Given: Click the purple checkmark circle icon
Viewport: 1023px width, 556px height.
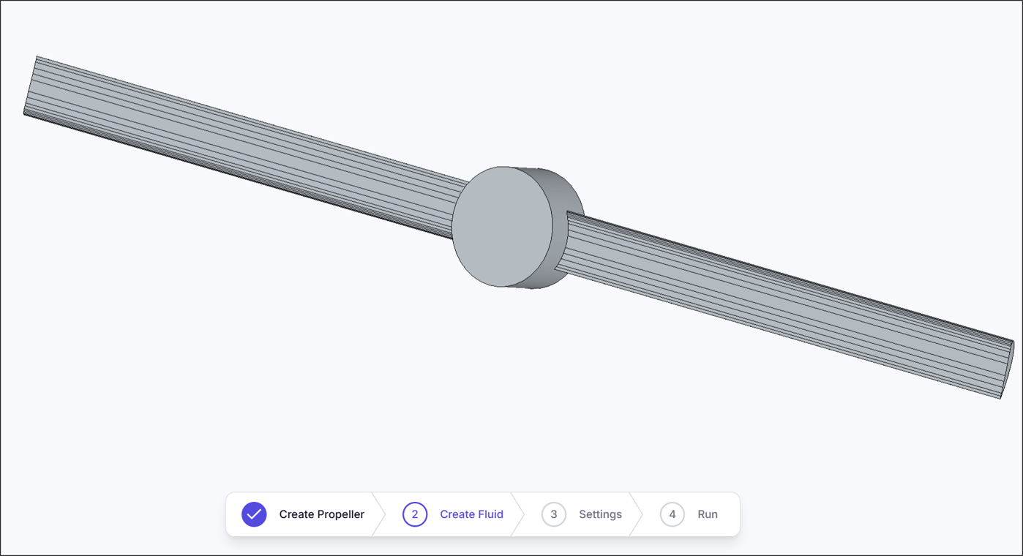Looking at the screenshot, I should click(x=254, y=514).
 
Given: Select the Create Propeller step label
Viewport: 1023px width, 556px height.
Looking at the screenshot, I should click(x=321, y=514).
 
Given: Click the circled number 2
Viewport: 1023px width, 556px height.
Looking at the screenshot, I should click(x=415, y=514).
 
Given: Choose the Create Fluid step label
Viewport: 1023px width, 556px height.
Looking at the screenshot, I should click(x=471, y=514).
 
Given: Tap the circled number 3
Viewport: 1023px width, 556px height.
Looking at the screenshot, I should click(x=554, y=514).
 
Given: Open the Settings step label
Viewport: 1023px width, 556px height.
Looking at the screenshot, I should click(x=600, y=514).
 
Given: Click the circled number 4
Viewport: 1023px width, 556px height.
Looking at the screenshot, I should click(x=672, y=514).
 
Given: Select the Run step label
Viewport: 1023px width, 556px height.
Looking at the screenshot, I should click(x=707, y=514).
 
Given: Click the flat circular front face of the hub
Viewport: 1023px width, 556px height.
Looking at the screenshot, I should click(x=501, y=226).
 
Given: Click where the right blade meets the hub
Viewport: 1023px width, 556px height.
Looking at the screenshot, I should click(x=569, y=241).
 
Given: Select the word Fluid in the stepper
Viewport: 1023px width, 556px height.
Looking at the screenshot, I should click(x=490, y=514).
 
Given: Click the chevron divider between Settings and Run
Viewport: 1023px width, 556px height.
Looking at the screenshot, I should click(x=636, y=514).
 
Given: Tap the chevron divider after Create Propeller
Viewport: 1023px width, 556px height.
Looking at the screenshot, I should click(x=379, y=514).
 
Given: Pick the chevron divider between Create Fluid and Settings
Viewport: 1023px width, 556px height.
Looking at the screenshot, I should click(x=518, y=514).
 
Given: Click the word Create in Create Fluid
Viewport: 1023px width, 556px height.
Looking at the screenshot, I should click(x=457, y=514).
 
